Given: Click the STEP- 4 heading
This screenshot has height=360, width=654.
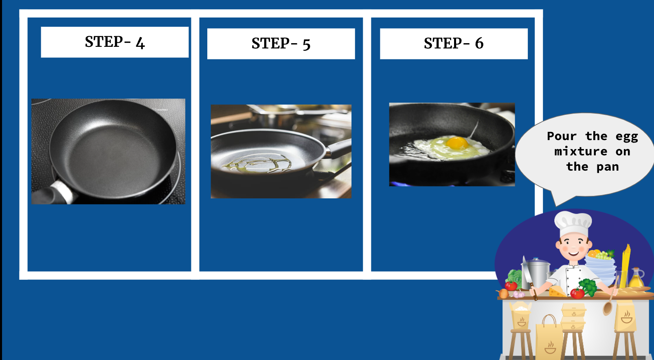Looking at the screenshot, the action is pyautogui.click(x=115, y=42).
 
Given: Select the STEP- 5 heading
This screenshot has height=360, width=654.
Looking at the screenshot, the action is pyautogui.click(x=281, y=44).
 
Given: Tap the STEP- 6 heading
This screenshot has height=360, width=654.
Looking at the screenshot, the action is pyautogui.click(x=454, y=44).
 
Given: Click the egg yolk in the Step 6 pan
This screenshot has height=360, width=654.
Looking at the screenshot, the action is pyautogui.click(x=457, y=143).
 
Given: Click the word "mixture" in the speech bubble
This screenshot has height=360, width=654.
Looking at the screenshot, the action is pyautogui.click(x=581, y=151).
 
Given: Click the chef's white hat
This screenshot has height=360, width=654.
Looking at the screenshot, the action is pyautogui.click(x=573, y=223).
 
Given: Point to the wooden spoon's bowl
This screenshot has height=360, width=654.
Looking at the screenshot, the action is pyautogui.click(x=608, y=308).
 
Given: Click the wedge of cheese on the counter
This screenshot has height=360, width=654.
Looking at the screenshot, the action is pyautogui.click(x=557, y=292).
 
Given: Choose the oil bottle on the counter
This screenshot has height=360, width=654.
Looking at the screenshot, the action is pyautogui.click(x=636, y=278).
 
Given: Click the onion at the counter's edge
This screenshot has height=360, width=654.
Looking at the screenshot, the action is pyautogui.click(x=503, y=294).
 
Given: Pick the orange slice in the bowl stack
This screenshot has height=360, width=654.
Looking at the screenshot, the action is pyautogui.click(x=592, y=254).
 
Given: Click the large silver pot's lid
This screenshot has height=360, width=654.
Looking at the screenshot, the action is pyautogui.click(x=536, y=261).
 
